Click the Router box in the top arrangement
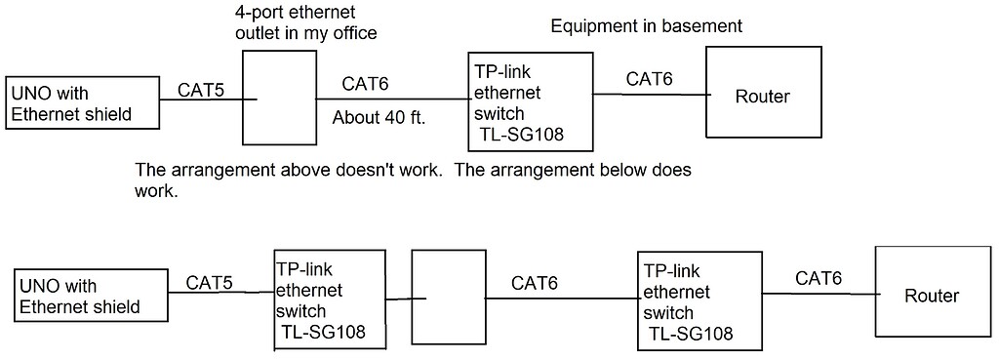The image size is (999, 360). (x=761, y=96)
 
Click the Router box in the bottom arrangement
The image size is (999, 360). (x=931, y=296)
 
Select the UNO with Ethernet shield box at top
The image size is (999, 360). (x=83, y=104)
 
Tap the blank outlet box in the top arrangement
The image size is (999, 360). (x=278, y=99)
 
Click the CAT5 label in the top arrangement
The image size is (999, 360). (x=201, y=91)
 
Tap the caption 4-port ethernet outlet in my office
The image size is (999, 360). (x=305, y=24)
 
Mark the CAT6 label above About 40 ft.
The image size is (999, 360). (x=366, y=85)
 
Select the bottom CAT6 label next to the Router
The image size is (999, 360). (x=819, y=278)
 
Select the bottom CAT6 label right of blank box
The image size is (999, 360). (x=535, y=284)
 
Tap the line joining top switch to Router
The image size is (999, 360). (x=649, y=95)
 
